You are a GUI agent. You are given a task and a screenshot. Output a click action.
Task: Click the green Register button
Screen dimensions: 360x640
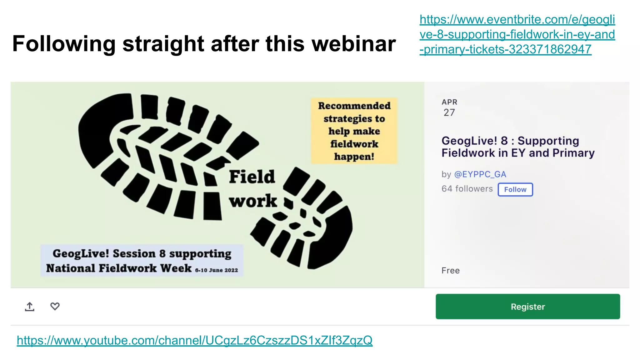point(527,306)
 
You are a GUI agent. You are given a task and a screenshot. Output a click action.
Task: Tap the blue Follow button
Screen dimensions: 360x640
point(515,189)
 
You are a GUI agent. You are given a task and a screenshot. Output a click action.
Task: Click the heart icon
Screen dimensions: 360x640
point(55,306)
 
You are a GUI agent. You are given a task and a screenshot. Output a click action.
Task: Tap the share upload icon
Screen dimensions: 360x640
point(30,307)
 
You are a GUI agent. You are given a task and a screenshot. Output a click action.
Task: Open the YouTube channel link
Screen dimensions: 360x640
point(194,340)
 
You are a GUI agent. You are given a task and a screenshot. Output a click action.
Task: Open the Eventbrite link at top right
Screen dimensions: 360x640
point(517,34)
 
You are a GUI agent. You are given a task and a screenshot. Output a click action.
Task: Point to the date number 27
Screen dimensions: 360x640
point(449,112)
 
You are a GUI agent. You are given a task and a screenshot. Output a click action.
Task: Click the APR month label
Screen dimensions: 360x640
point(449,102)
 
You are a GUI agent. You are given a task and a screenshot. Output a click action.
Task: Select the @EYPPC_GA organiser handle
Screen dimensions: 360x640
point(480,174)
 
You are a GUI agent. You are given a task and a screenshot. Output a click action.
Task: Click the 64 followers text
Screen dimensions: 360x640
point(467,189)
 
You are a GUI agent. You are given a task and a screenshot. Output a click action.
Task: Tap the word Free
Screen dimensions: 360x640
point(450,271)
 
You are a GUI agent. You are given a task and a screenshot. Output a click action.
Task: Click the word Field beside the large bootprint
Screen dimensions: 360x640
point(252,177)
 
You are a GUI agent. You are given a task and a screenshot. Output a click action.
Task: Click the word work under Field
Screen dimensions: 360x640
point(253,201)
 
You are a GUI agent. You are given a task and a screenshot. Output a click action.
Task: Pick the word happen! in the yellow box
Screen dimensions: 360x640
point(354,156)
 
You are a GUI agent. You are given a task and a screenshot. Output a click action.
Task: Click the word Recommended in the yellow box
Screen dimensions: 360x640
point(354,106)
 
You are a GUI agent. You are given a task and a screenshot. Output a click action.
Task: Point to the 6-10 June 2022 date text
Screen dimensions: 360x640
point(216,270)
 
